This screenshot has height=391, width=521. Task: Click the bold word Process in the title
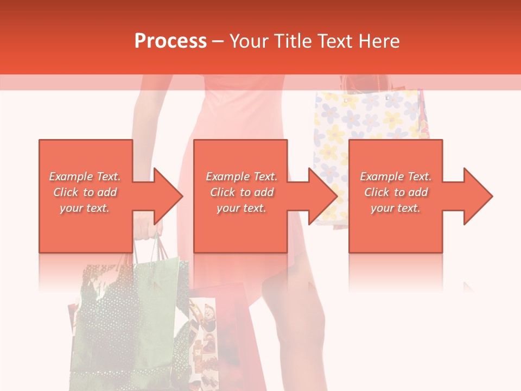click(170, 41)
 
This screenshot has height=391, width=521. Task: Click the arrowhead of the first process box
click(168, 196)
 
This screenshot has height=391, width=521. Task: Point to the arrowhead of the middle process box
click(323, 196)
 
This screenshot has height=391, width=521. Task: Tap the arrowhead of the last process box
click(478, 196)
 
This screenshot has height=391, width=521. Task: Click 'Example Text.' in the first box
click(85, 176)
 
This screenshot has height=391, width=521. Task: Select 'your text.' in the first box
click(85, 208)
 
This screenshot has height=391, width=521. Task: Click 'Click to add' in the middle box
click(242, 192)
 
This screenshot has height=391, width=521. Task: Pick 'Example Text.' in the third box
click(396, 176)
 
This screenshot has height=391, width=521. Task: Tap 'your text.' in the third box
click(396, 208)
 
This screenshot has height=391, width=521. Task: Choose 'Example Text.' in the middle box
click(242, 176)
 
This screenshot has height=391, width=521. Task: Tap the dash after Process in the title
click(218, 41)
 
